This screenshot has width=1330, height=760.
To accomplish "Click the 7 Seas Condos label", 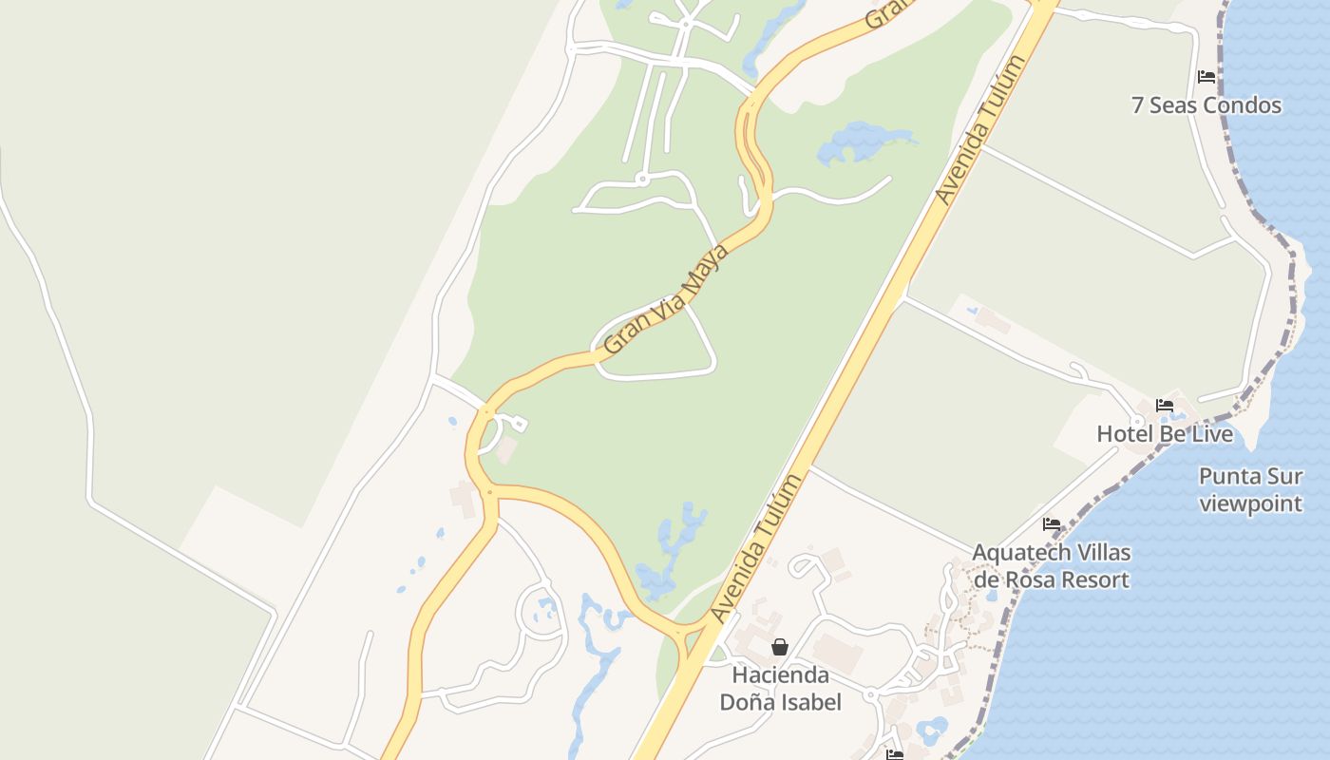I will click(1206, 105).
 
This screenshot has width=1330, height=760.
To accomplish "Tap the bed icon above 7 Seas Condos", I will click(1206, 76).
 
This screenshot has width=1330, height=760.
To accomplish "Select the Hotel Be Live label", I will click(1165, 434).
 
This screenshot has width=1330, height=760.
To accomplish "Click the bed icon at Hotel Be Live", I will click(1165, 406).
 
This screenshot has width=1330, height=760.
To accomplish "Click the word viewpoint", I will click(1250, 503).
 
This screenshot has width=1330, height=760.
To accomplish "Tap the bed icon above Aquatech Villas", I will click(1052, 523).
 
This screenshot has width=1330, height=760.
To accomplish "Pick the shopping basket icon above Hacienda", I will click(780, 647).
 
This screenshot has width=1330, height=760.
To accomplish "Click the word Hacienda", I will click(780, 675).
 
